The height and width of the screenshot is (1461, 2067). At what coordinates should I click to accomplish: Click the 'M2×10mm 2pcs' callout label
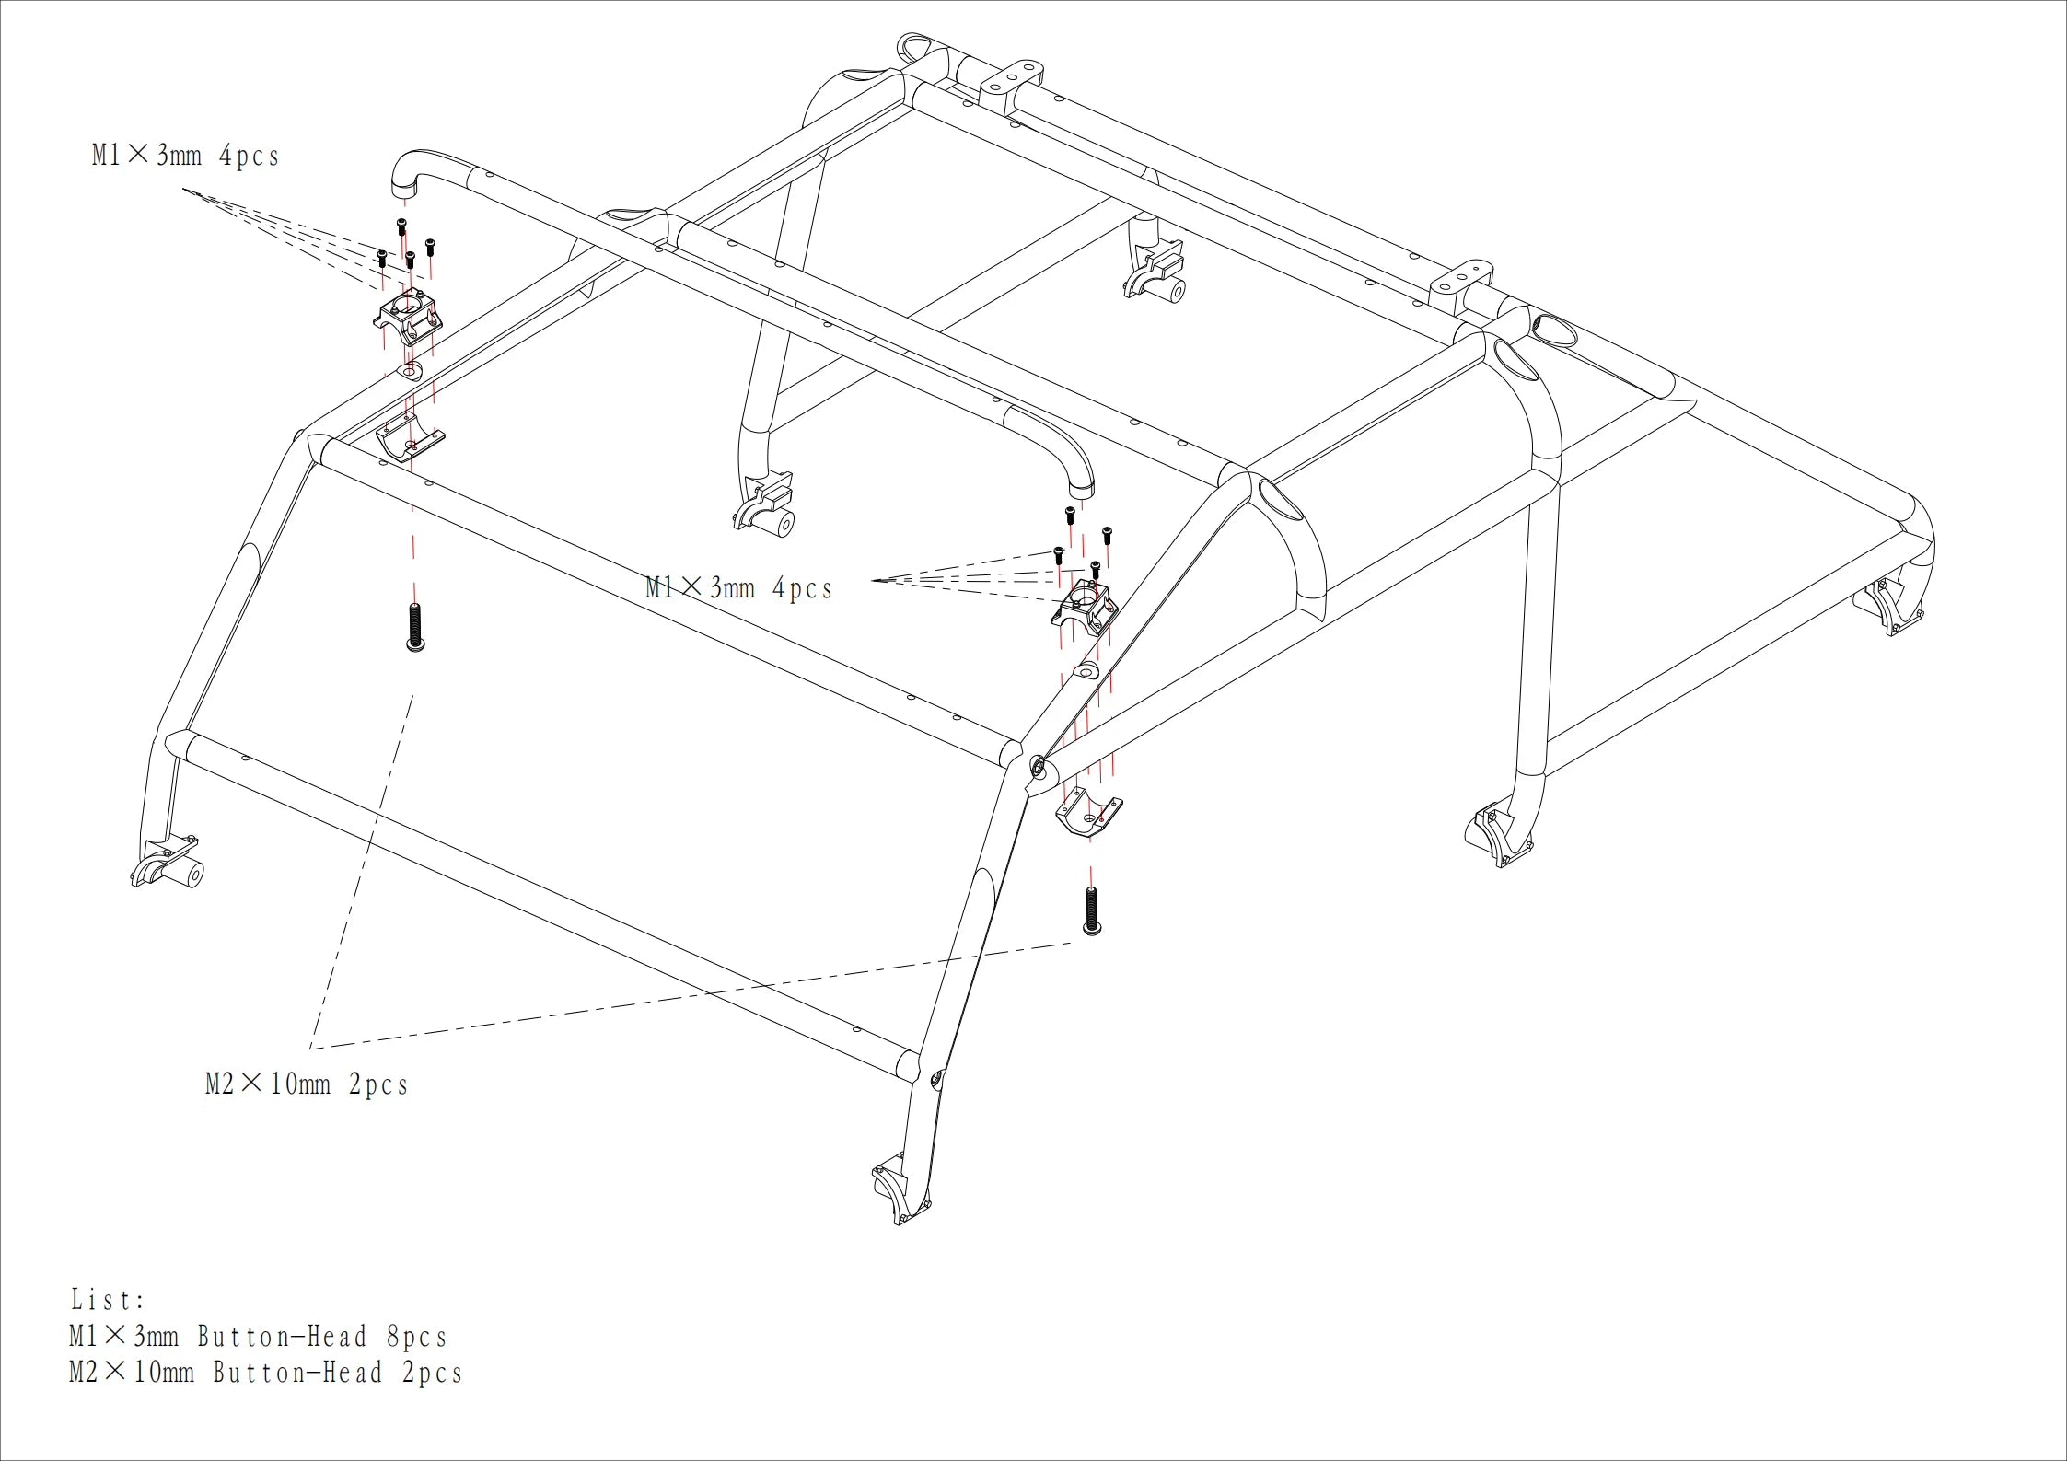click(307, 1084)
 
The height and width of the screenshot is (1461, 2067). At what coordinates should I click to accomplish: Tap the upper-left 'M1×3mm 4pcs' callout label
click(185, 155)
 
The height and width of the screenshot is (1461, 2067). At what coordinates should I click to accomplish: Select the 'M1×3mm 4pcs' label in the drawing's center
click(738, 587)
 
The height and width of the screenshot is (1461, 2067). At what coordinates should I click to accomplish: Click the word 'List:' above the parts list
click(109, 1300)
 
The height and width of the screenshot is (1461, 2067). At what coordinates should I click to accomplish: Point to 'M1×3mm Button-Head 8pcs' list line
click(258, 1337)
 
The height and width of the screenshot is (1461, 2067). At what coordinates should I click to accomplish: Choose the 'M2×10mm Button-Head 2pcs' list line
click(265, 1373)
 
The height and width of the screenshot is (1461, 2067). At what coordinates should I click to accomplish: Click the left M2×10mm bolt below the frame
click(415, 627)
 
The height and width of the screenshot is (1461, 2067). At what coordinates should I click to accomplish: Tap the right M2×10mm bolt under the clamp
click(1092, 911)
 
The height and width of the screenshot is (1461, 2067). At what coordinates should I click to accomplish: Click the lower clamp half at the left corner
click(411, 436)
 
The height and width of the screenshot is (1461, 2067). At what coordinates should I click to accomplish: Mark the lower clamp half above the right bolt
click(1088, 812)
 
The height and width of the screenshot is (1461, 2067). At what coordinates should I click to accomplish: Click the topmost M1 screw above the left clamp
click(401, 226)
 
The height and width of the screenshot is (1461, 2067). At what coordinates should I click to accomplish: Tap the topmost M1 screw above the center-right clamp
click(1070, 515)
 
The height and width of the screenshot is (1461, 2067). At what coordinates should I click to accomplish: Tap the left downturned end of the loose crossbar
click(406, 174)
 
